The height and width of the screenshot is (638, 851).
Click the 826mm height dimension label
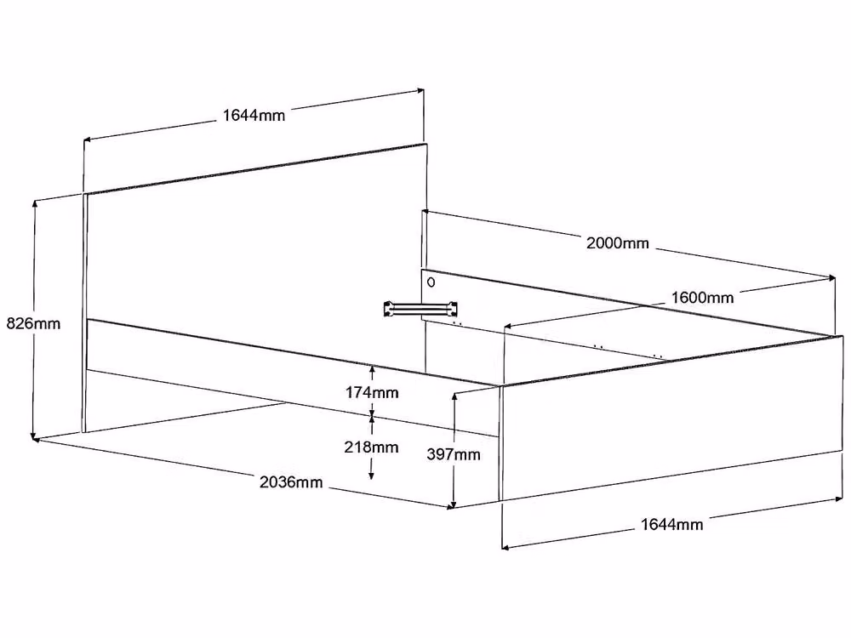click(x=33, y=324)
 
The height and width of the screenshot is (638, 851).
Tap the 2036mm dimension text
click(x=291, y=481)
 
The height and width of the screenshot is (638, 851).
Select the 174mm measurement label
click(x=373, y=392)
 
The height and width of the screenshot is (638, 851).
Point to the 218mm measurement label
click(x=371, y=447)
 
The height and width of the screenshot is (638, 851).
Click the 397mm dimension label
click(x=454, y=454)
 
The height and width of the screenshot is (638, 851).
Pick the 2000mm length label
click(x=618, y=242)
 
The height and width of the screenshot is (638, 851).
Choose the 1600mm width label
click(x=702, y=297)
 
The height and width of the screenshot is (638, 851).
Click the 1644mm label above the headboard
click(x=254, y=115)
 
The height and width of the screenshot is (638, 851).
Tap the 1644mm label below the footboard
click(x=672, y=524)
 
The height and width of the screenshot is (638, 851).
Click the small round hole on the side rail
click(x=431, y=282)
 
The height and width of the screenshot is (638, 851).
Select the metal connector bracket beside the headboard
click(x=420, y=309)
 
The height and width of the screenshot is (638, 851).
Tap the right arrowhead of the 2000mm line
click(x=831, y=278)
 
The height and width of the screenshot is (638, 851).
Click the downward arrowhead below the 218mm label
click(x=371, y=476)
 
